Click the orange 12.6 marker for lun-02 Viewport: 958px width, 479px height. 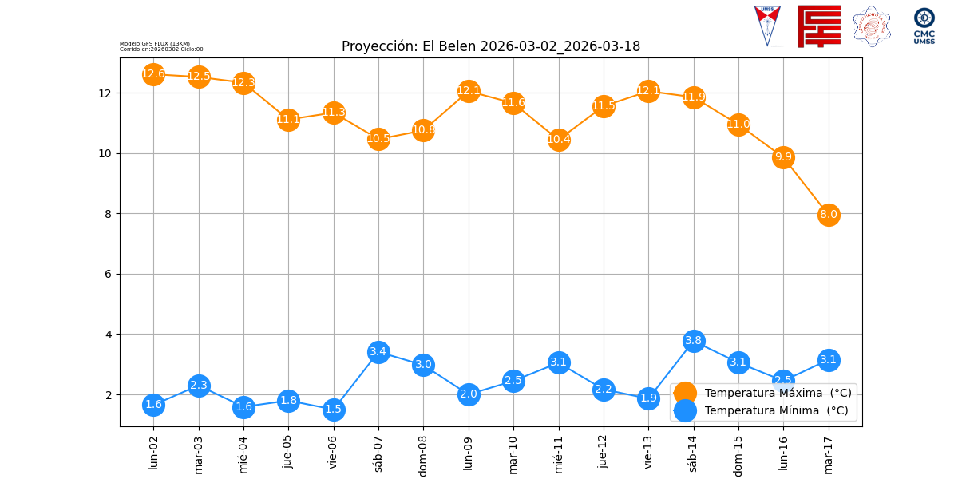tap(153, 74)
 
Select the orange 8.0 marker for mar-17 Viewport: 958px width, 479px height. tap(829, 214)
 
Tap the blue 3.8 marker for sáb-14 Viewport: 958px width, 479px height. tap(694, 341)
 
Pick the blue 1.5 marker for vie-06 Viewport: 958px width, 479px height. tap(334, 410)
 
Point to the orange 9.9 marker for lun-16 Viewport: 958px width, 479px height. tap(783, 157)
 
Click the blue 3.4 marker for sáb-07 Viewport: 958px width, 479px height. tap(378, 352)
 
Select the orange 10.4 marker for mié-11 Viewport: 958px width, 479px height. tap(559, 140)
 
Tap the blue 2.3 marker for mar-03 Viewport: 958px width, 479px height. tap(199, 386)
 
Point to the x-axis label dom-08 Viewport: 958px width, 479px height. tap(424, 454)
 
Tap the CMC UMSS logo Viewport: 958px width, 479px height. tap(924, 26)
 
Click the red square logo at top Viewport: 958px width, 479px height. tap(819, 26)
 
